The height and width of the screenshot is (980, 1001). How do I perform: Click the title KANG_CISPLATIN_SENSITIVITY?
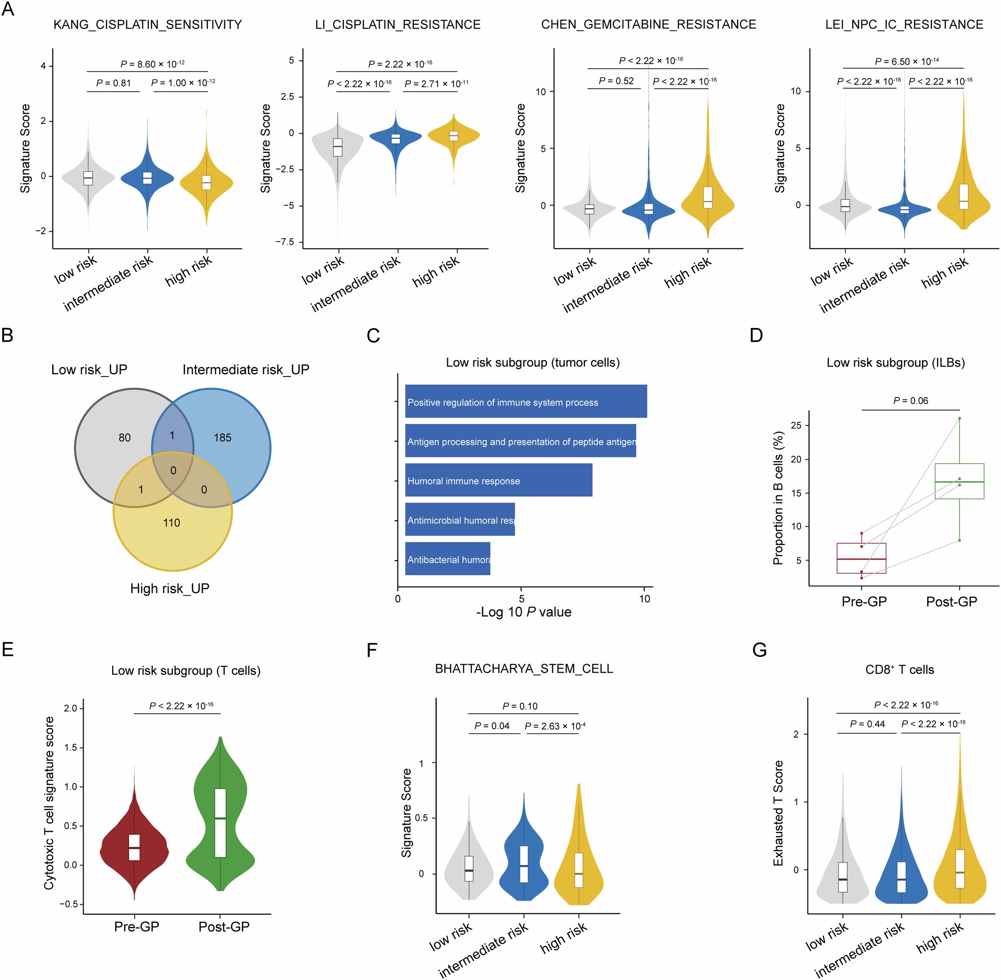coord(148,25)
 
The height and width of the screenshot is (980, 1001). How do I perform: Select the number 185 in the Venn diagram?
coord(222,438)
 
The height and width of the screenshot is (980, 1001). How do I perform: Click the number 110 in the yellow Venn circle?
coord(171,523)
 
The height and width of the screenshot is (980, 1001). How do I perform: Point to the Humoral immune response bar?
coord(498,480)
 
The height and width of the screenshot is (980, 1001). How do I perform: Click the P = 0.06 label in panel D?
coord(910,400)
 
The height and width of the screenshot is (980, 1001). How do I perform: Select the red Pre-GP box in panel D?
coord(861,558)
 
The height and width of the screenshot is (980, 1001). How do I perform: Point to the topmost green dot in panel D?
coord(959,419)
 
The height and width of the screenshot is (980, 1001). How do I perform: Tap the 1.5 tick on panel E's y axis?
coord(71,747)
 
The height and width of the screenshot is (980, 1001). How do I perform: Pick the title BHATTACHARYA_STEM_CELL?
coord(524,668)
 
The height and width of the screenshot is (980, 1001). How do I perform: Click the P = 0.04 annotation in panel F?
coord(491,726)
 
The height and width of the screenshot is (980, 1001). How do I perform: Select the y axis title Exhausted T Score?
coord(778,814)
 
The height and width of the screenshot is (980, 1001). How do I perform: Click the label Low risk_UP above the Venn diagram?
coord(89,369)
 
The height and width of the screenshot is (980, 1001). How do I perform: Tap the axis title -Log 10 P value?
coord(524,612)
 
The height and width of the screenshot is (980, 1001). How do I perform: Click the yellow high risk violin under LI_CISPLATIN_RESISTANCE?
coord(454,136)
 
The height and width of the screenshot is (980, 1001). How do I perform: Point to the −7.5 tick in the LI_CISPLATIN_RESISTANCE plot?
coord(285,242)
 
